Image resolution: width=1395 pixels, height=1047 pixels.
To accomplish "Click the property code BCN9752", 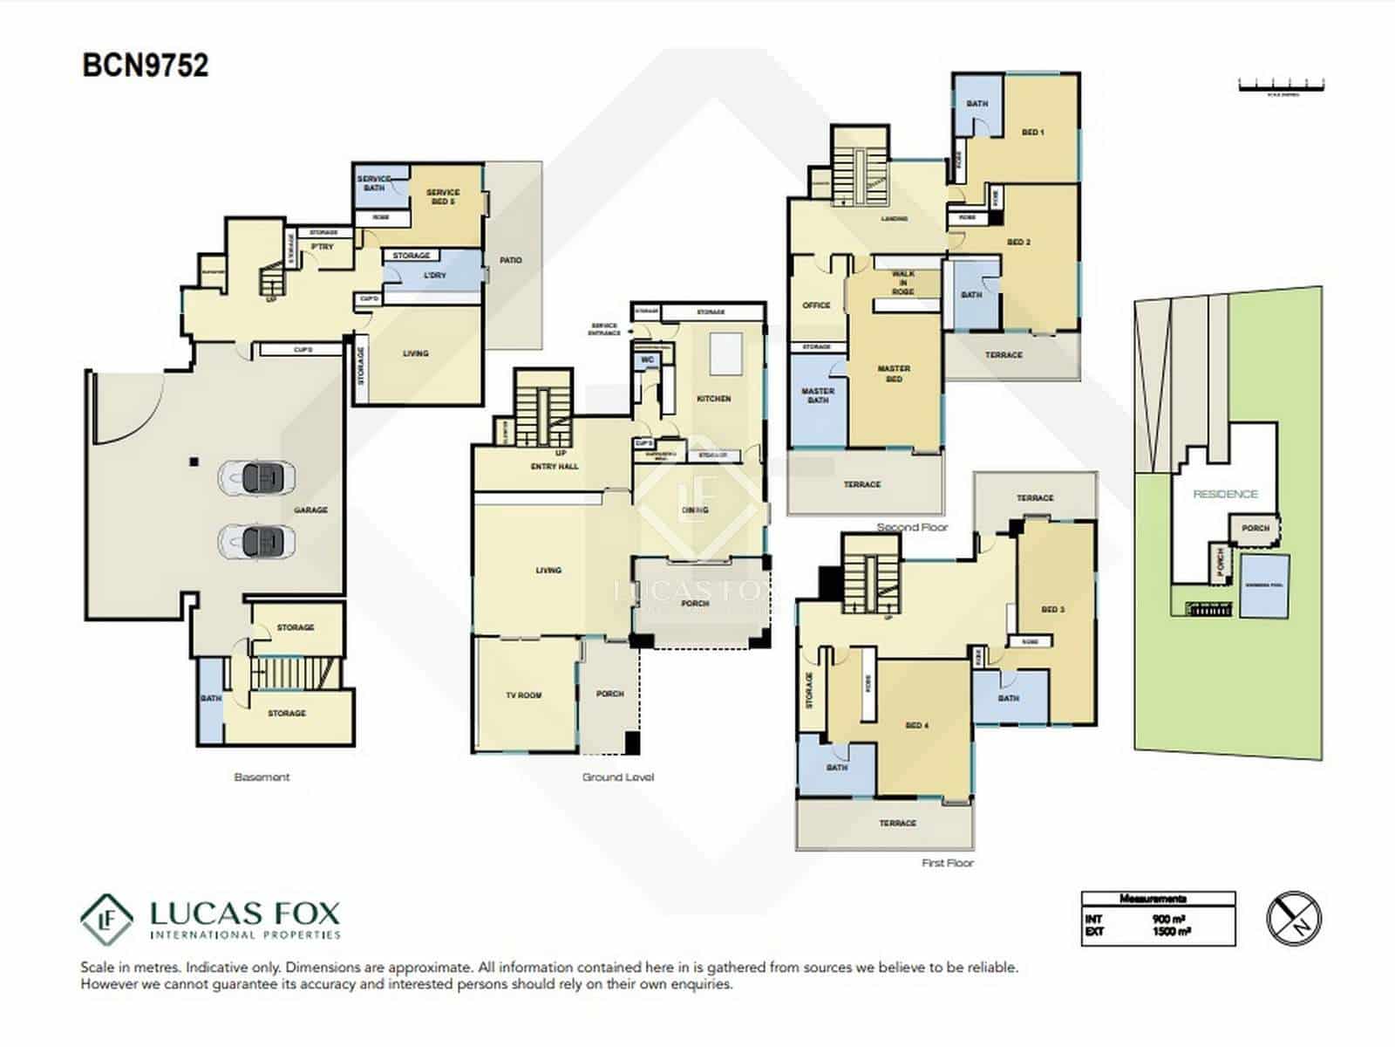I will click(x=145, y=65).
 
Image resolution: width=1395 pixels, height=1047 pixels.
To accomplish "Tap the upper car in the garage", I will click(x=258, y=477).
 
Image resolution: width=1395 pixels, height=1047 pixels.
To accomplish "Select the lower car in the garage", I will click(x=258, y=541).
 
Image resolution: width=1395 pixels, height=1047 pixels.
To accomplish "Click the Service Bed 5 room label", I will click(x=443, y=196).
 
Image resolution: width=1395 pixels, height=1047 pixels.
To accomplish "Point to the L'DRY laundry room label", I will click(x=434, y=275).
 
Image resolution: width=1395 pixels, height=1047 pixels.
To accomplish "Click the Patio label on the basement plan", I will click(x=511, y=260).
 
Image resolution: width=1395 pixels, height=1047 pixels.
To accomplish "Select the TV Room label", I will click(x=524, y=695).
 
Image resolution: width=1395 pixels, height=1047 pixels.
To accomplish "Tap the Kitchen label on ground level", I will click(x=713, y=399).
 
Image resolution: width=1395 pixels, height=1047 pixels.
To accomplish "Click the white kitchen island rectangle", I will click(x=725, y=353).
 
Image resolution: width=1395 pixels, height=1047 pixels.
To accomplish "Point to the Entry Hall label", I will click(x=555, y=467).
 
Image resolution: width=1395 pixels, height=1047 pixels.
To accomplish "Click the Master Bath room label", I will click(x=818, y=395).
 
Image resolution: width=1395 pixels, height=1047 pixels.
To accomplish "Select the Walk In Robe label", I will click(x=903, y=283).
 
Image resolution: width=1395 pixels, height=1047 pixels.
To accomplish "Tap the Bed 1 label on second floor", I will click(x=1032, y=133).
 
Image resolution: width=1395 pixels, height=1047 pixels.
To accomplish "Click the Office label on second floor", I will click(x=816, y=305).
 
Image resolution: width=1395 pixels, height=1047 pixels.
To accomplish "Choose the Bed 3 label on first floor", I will click(x=1052, y=609).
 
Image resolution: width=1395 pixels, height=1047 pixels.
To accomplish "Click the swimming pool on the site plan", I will click(x=1264, y=585).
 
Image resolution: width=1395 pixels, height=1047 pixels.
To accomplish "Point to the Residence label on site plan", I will click(x=1225, y=494).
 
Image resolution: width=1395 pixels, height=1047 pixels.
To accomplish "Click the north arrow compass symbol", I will click(x=1294, y=918).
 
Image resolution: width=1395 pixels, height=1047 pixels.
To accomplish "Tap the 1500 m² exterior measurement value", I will click(x=1171, y=932).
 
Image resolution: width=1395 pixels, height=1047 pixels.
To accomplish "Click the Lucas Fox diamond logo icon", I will click(x=106, y=920).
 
